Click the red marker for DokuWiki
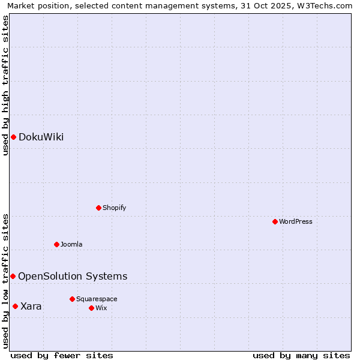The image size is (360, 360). (x=13, y=137)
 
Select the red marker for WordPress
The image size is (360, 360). (x=275, y=221)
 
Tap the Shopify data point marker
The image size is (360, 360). (x=98, y=208)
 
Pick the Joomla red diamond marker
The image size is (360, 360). (x=56, y=244)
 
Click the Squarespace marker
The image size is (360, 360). (x=72, y=299)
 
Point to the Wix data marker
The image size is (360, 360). (x=91, y=308)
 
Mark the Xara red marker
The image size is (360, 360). (x=15, y=306)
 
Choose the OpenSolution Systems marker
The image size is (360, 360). (x=13, y=276)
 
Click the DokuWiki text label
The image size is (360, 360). (x=41, y=137)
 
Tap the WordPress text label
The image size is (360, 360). (x=296, y=221)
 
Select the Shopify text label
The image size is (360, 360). (x=114, y=208)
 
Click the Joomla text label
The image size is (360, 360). (x=71, y=244)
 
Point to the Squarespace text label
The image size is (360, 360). (x=97, y=299)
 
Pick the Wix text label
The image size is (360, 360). (x=101, y=308)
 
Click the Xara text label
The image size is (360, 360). (x=31, y=306)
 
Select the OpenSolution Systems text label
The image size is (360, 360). (x=73, y=276)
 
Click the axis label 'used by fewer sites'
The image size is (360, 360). (x=62, y=355)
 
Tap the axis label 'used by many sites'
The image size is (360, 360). (x=301, y=355)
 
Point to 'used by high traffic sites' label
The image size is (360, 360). (x=5, y=85)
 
